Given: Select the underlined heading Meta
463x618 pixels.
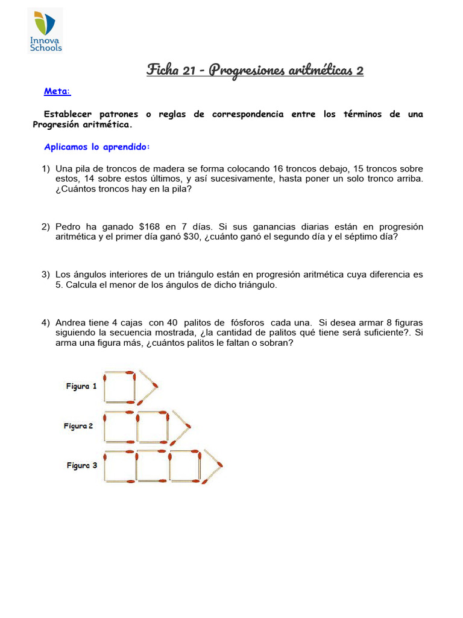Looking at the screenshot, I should tap(57, 92).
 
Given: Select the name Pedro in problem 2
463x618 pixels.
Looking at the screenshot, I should tap(69, 227).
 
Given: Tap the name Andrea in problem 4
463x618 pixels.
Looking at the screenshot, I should tap(71, 322).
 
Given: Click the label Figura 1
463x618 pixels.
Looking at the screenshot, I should tap(81, 386).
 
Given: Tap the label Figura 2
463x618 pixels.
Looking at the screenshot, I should tap(78, 426).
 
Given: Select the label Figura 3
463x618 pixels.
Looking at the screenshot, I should tap(81, 466).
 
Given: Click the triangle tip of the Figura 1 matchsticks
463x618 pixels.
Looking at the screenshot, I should tap(158, 386).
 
